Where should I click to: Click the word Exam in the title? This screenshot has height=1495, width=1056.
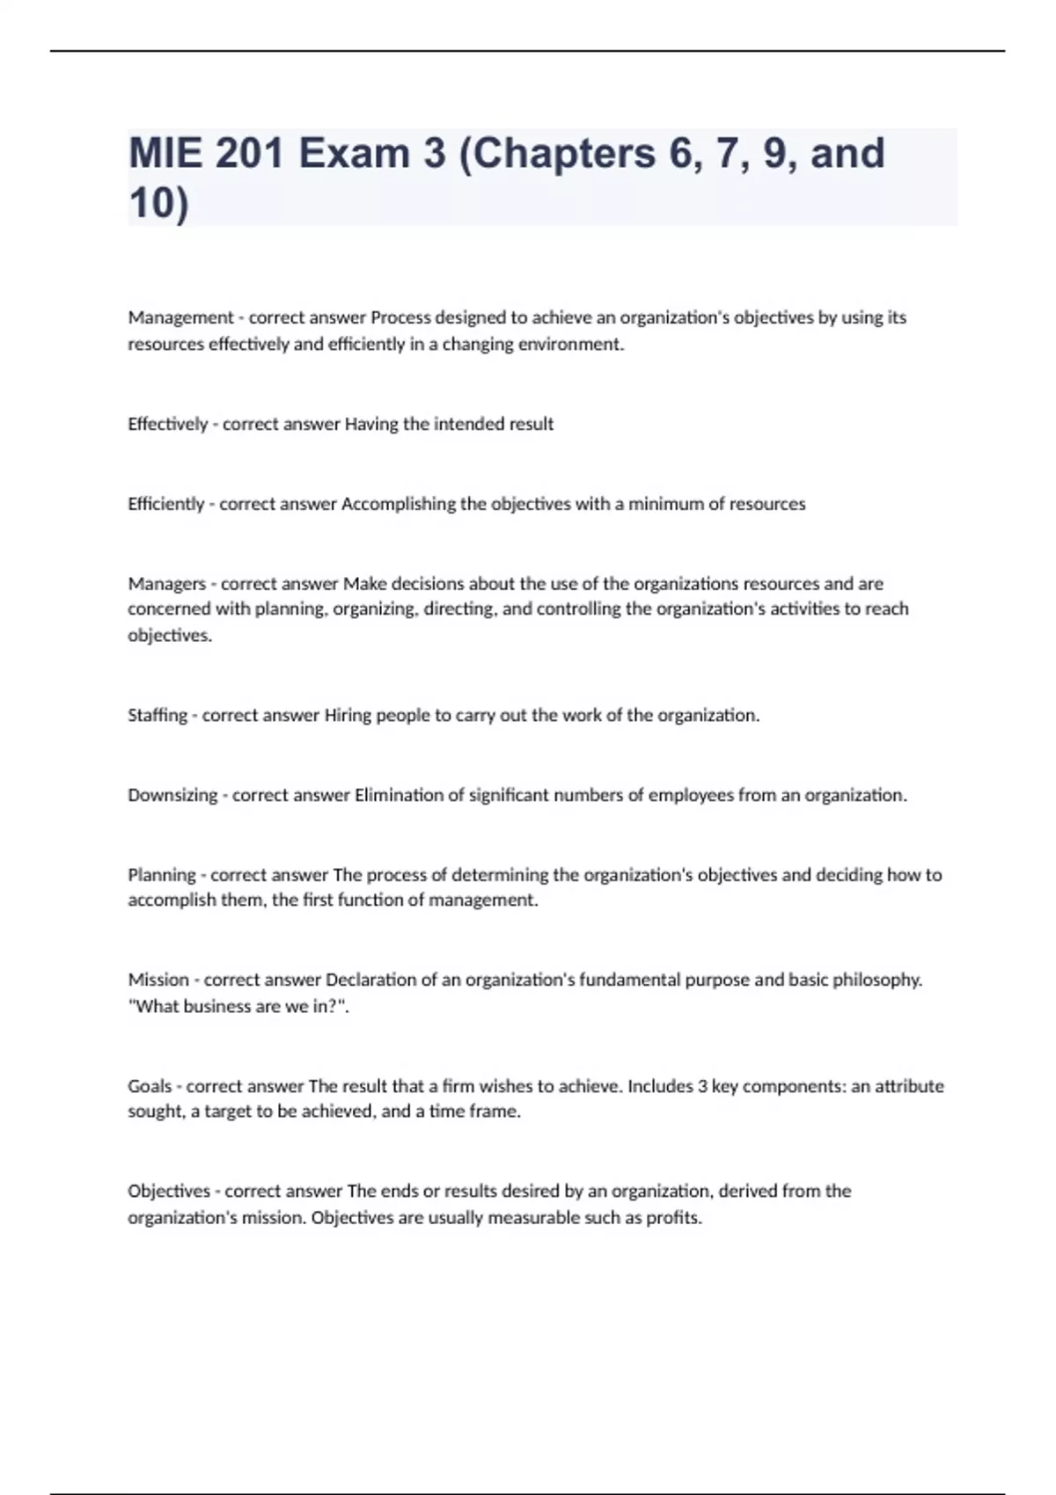click(x=354, y=154)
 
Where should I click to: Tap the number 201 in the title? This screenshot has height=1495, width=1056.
click(x=249, y=154)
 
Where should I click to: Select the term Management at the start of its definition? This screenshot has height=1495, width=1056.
click(x=180, y=317)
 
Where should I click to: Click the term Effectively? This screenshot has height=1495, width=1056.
click(x=167, y=424)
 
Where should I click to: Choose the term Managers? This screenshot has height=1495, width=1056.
click(x=166, y=584)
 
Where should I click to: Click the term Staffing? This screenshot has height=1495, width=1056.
click(x=158, y=715)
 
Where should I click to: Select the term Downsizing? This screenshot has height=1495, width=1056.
click(x=172, y=795)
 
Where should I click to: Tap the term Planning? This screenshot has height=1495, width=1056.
click(x=162, y=875)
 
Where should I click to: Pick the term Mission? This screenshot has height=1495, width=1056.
click(x=158, y=980)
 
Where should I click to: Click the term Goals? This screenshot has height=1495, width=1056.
click(x=150, y=1086)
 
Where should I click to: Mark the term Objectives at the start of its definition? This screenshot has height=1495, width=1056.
click(x=169, y=1192)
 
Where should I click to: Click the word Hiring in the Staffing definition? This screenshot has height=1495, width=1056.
click(x=348, y=715)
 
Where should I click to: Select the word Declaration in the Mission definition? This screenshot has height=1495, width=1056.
click(x=370, y=980)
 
